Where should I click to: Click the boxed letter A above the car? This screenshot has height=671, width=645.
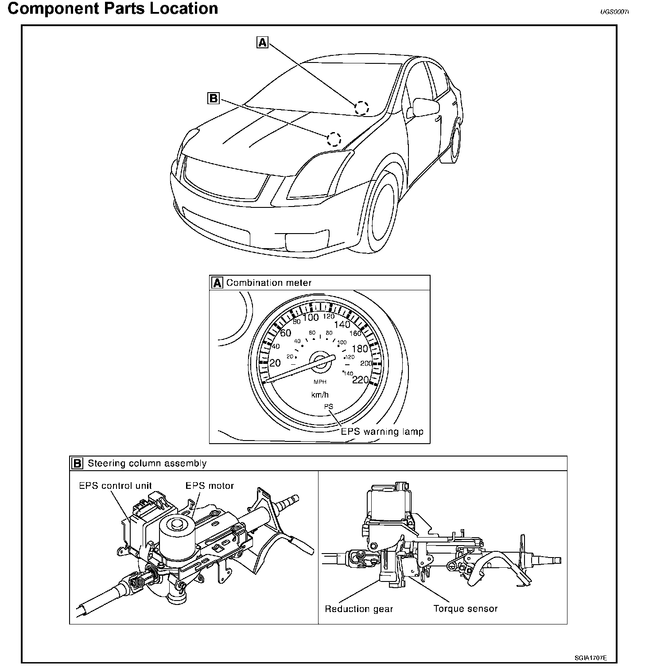[x=263, y=42]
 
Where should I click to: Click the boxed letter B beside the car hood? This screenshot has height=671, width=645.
[x=214, y=98]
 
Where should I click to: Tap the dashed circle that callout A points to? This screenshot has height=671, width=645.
[x=361, y=108]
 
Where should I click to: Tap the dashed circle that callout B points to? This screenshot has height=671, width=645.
[x=334, y=139]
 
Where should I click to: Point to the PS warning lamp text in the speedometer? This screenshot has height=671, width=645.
[x=328, y=406]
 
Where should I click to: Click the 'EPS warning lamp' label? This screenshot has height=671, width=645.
[x=382, y=431]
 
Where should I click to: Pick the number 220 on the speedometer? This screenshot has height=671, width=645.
[x=360, y=379]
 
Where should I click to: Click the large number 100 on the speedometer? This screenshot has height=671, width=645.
[x=311, y=317]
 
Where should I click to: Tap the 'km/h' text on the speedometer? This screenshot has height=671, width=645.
[x=320, y=394]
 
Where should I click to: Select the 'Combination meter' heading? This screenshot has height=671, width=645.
[x=269, y=283]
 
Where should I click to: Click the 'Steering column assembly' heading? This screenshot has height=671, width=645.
[x=147, y=464]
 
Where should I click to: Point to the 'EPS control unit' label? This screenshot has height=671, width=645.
[x=115, y=485]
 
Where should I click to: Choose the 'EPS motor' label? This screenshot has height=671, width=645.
[x=210, y=485]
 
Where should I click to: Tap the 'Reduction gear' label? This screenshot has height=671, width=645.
[x=359, y=609]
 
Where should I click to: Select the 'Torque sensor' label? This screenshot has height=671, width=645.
[x=466, y=609]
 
